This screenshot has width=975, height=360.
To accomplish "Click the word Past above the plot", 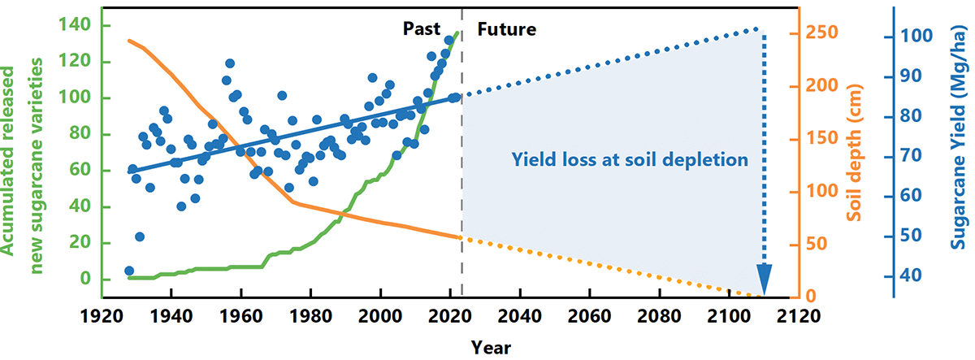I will point(422,30).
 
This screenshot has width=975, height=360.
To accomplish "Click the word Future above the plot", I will point(506,30).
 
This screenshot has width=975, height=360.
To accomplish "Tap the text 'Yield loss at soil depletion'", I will point(630,159).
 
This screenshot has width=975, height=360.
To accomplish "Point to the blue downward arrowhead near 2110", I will point(764,280).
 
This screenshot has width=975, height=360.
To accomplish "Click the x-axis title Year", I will point(490,347).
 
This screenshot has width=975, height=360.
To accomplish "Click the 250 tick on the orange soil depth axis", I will point(823,33).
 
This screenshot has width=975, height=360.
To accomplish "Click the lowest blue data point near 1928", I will point(129,271).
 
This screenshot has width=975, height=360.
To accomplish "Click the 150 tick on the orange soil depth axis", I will point(823,139).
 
